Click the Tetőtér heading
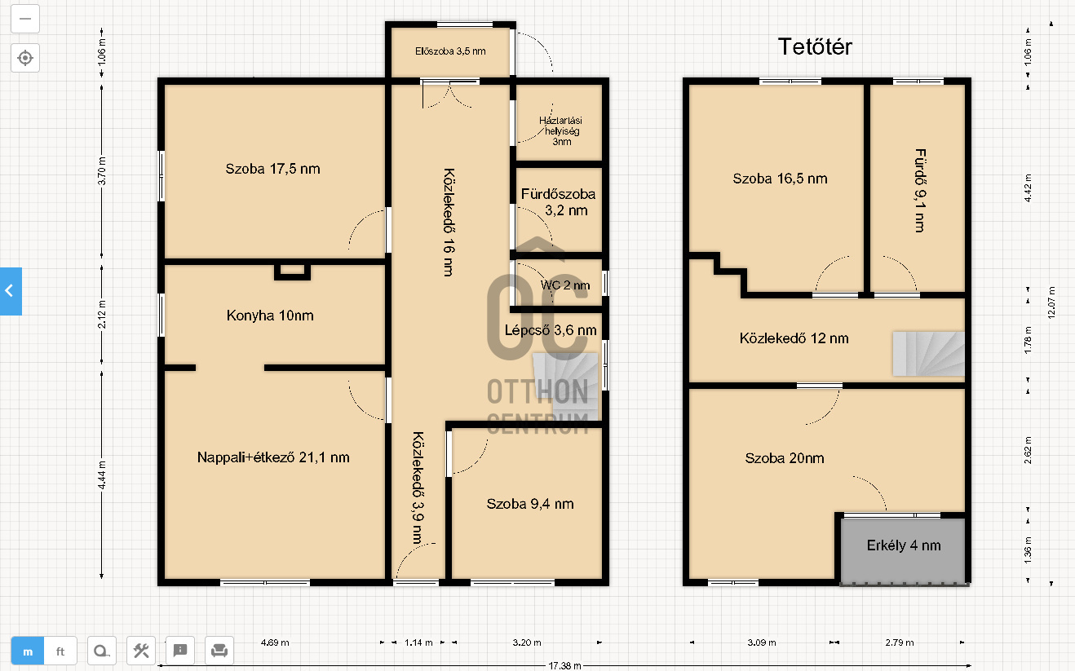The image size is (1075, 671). click(x=815, y=47)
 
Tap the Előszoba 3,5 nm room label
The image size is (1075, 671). click(x=450, y=51)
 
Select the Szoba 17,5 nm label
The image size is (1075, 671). click(x=272, y=169)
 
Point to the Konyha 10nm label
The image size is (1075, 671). click(x=270, y=316)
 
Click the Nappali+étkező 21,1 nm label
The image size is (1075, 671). click(x=273, y=457)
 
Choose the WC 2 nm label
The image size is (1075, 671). click(x=565, y=285)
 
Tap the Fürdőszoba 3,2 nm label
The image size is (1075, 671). click(x=559, y=202)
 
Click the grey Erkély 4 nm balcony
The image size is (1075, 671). click(x=903, y=550)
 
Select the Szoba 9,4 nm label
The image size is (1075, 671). click(x=530, y=504)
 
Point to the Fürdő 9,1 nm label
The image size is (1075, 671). click(x=920, y=191)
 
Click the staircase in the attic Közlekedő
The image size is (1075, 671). click(x=928, y=354)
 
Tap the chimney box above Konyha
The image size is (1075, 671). click(x=292, y=271)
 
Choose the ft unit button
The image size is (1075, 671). click(x=60, y=651)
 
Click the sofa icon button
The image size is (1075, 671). click(x=219, y=651)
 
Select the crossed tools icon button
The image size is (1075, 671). click(x=141, y=651)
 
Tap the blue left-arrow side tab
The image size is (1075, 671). click(x=11, y=291)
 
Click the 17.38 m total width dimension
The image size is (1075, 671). click(x=564, y=666)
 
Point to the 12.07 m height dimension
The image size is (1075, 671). click(x=1051, y=302)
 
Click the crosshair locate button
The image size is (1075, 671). click(x=25, y=58)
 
